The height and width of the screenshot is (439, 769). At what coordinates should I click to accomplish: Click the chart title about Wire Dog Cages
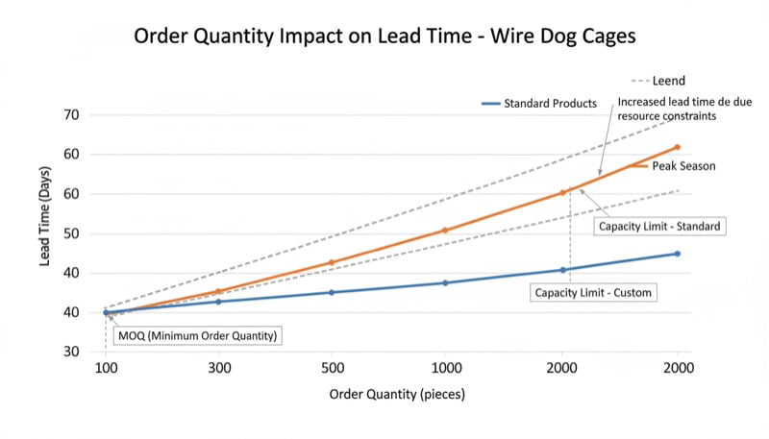(384, 37)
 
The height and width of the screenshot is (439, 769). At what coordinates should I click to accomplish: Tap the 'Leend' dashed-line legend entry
(663, 83)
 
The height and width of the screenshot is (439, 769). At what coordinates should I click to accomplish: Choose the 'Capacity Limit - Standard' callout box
(658, 226)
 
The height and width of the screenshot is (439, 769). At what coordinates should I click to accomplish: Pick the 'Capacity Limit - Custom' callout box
(593, 292)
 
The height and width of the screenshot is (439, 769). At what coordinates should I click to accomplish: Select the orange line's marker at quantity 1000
(445, 231)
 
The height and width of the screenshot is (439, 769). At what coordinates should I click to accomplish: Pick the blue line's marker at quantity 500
(332, 292)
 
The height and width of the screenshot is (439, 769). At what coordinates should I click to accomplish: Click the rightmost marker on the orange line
(677, 147)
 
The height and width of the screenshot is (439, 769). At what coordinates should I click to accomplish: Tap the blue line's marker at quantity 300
(218, 302)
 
